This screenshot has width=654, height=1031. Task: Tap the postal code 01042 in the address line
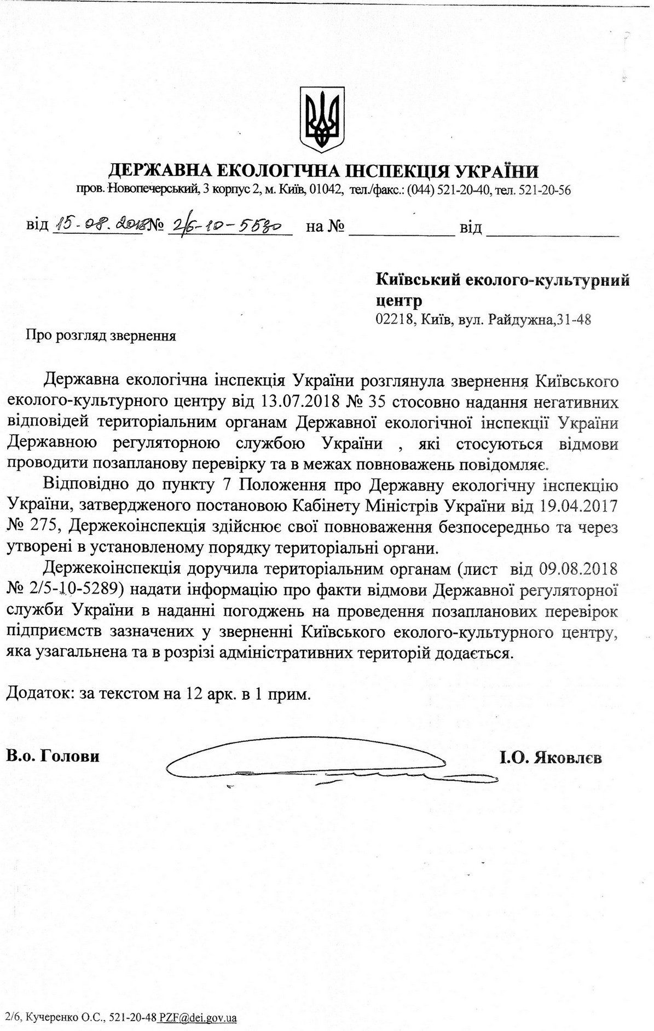pyautogui.click(x=327, y=190)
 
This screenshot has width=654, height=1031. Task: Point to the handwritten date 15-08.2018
pyautogui.click(x=96, y=224)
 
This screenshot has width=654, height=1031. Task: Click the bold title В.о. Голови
pyautogui.click(x=54, y=757)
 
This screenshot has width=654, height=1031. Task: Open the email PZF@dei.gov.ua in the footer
pyautogui.click(x=198, y=1018)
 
